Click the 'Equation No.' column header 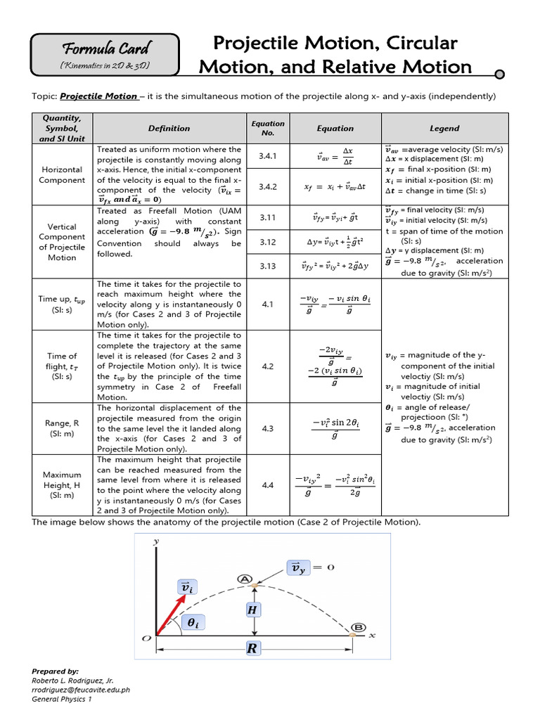(268, 128)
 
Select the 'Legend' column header (444, 128)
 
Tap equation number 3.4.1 (268, 157)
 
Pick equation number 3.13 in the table (268, 266)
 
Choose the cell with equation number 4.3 (268, 427)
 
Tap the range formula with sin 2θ (335, 427)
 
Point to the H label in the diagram (252, 610)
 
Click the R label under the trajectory (252, 649)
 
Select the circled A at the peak (245, 579)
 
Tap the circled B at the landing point (358, 627)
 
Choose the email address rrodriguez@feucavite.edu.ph (81, 690)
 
